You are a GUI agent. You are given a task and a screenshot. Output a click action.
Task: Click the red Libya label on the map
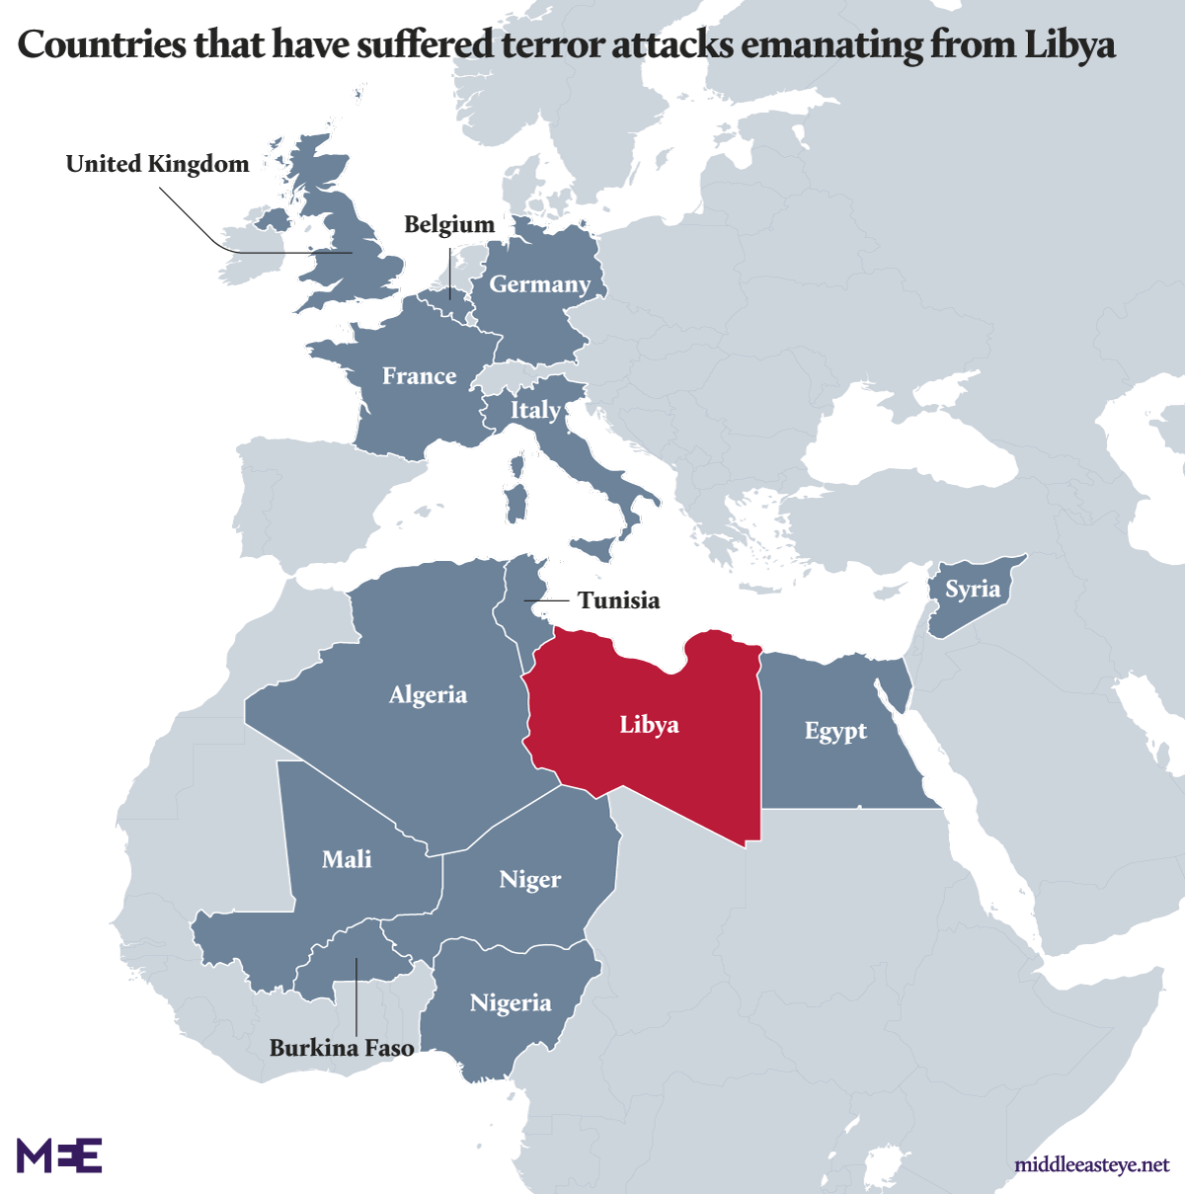(x=649, y=725)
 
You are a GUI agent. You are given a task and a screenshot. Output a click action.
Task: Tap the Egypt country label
(x=835, y=731)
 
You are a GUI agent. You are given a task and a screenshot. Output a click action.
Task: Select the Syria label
(x=973, y=590)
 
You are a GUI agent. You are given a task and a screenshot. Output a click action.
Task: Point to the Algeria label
(x=428, y=694)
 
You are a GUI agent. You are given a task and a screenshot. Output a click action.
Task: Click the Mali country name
(x=347, y=859)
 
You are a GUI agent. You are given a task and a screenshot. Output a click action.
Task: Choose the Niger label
(x=529, y=879)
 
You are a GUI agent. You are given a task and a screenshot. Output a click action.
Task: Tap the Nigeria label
(x=511, y=1003)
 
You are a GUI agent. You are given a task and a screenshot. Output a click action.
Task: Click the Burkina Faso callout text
(x=342, y=1048)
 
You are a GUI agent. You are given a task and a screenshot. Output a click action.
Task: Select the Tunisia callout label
(x=618, y=600)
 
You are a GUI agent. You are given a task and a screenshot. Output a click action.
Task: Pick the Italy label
(x=535, y=410)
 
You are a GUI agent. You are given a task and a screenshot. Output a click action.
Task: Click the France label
(x=419, y=376)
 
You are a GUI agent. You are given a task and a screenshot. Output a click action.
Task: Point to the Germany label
(x=539, y=284)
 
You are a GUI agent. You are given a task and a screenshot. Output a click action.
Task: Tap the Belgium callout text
(x=449, y=224)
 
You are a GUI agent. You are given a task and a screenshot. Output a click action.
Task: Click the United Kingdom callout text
(x=158, y=164)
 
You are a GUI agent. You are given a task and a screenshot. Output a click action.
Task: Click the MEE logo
(x=59, y=1154)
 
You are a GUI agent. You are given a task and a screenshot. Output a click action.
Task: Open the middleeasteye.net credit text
(x=1091, y=1165)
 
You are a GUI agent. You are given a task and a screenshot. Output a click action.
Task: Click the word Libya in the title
(x=1069, y=44)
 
